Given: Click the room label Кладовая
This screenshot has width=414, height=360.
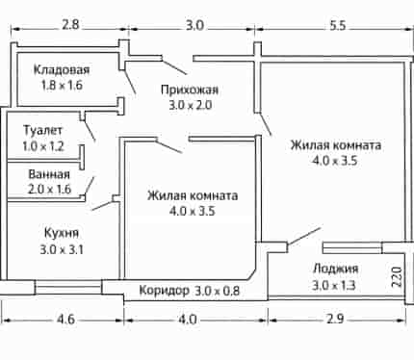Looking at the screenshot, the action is tap(62, 69).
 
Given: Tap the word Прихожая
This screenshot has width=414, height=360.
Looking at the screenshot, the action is tap(190, 90).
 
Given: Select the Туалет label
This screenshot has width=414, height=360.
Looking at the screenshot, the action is tap(43, 130).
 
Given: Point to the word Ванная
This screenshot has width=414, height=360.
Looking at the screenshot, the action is tap(49, 174).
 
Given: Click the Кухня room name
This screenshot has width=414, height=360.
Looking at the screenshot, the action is tap(62, 233).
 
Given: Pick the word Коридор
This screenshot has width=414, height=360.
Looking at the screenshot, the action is tap(165, 291).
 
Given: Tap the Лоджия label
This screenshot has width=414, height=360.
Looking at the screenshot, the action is tap(335, 269).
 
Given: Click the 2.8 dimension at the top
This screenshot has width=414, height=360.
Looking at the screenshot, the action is tap(70, 25).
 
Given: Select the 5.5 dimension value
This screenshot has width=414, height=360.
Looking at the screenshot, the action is tap(337, 25).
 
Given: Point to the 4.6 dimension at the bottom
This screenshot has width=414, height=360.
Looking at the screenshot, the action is tap(65, 320).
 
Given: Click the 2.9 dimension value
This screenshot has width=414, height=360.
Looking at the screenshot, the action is tap(335, 320).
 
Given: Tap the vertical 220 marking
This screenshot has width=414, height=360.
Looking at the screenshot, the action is tap(397, 277).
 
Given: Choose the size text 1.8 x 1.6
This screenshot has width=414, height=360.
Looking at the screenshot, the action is tap(62, 86).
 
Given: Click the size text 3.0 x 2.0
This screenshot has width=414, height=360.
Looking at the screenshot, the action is tap(191, 106).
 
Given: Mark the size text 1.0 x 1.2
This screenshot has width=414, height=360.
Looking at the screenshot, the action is tap(43, 146).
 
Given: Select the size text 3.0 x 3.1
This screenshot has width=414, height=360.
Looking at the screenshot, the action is tap(62, 249).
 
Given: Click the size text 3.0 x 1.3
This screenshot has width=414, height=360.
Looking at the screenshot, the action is tap(334, 285).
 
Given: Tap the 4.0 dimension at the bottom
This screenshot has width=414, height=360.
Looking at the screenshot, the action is tap(187, 320).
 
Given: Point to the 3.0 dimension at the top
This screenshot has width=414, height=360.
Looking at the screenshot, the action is tap(194, 25).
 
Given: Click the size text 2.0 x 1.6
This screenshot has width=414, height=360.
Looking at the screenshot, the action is tap(49, 190).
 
